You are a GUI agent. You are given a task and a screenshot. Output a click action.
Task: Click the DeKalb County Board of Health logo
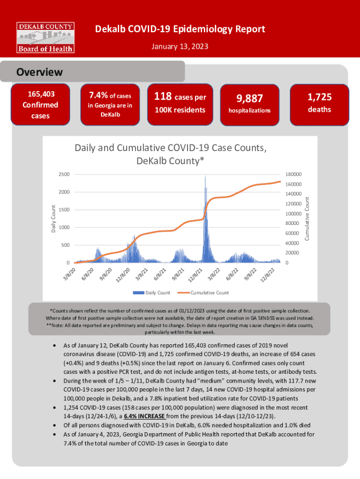tap(45, 36)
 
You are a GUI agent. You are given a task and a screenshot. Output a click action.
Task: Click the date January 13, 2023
tap(180, 47)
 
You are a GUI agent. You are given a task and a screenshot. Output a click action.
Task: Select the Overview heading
tap(39, 73)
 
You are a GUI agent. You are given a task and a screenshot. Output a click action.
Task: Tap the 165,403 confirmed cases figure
tap(40, 95)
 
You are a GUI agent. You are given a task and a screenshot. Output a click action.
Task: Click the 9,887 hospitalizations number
tap(249, 98)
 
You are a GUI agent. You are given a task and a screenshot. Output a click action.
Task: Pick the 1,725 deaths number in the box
tap(319, 97)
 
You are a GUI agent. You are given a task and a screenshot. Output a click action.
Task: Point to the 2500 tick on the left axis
tap(64, 174)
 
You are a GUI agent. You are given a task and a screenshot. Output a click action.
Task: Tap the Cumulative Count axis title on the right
tap(308, 218)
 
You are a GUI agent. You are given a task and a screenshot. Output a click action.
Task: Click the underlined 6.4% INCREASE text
tap(142, 416)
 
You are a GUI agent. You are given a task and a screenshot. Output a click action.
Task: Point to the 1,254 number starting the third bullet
tap(72, 407)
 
